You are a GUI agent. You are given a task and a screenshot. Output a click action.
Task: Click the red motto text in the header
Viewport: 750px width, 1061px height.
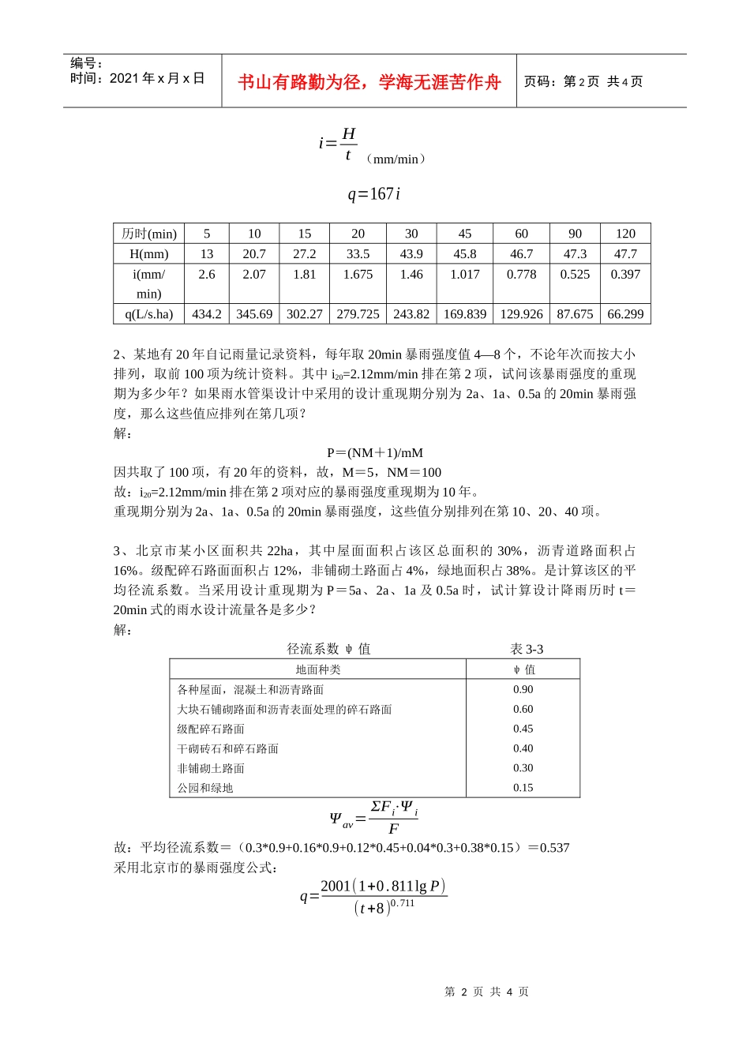[x=369, y=82]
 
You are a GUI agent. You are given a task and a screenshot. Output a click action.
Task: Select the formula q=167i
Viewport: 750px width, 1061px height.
[x=374, y=193]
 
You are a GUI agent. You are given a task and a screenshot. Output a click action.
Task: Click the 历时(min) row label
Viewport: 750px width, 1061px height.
[x=148, y=234]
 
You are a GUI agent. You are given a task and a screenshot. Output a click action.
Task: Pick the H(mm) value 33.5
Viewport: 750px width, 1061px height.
[x=358, y=254]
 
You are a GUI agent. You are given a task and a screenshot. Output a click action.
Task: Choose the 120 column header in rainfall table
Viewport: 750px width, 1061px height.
[x=625, y=234]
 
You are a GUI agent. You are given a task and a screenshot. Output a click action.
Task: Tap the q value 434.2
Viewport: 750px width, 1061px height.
[x=207, y=314]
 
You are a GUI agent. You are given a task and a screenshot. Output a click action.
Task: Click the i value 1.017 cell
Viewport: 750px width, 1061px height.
[x=465, y=275]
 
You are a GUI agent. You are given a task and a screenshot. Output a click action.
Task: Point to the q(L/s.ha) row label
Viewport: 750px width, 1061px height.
[x=148, y=314]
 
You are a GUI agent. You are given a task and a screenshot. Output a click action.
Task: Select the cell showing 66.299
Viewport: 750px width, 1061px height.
[x=625, y=314]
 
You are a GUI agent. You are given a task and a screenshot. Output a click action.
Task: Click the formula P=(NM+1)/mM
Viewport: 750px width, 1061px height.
[x=375, y=452]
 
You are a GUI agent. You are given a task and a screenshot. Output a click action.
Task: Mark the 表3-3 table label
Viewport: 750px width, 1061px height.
[x=527, y=649]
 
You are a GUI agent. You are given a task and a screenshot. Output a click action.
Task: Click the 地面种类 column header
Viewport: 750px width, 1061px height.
[x=318, y=669]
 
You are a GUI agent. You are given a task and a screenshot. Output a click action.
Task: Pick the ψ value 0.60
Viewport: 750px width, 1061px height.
[x=523, y=709]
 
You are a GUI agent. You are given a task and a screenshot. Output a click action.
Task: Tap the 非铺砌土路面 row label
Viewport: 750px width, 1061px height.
[x=211, y=768]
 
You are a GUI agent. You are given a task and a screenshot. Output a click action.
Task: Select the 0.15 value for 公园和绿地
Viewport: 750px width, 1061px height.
[x=523, y=788]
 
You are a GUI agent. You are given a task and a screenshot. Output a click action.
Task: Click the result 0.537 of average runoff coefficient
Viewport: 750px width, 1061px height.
[x=554, y=848]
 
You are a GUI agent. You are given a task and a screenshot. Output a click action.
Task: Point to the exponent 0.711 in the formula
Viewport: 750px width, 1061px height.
[x=403, y=903]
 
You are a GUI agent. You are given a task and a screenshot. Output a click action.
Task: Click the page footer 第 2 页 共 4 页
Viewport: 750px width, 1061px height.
[x=486, y=992]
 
